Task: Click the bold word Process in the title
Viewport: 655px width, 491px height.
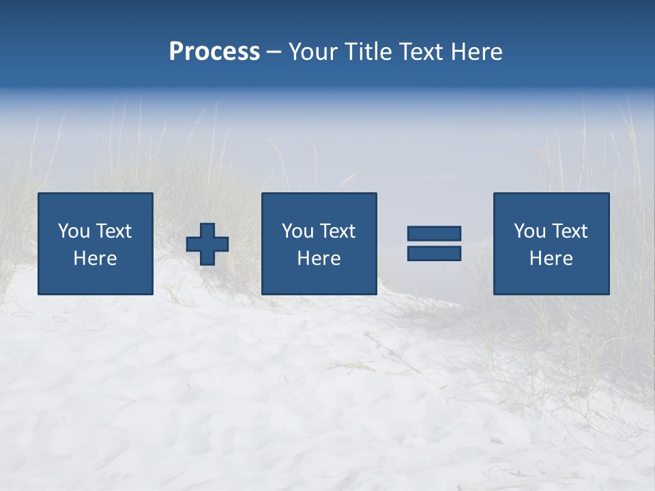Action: (214, 52)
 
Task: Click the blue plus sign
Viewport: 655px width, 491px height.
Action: (207, 244)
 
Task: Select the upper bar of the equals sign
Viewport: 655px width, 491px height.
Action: (434, 233)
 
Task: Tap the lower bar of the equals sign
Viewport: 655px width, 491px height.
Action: (434, 253)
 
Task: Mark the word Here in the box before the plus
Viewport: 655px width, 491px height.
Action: (96, 258)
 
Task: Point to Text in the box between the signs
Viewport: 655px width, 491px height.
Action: (338, 231)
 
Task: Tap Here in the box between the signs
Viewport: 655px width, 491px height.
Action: (319, 258)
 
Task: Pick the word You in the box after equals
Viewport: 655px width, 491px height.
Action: (530, 231)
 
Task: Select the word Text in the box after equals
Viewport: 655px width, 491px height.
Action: (570, 231)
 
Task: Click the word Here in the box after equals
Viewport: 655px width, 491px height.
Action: (551, 258)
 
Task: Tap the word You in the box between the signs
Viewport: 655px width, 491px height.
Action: (298, 231)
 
